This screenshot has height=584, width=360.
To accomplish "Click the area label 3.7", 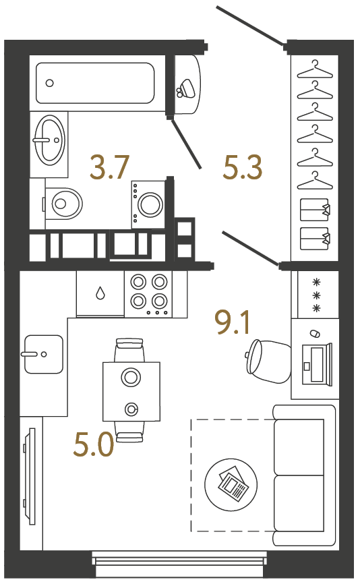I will (x=109, y=168).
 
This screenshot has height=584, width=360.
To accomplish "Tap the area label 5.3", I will (x=242, y=168).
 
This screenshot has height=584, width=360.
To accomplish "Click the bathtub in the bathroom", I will (x=95, y=83).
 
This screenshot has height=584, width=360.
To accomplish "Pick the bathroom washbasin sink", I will (x=49, y=140).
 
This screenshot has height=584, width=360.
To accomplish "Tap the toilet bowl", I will (x=64, y=201).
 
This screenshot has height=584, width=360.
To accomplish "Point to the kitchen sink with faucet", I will (x=44, y=354).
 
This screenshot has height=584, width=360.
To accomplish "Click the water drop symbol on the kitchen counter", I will (x=100, y=293).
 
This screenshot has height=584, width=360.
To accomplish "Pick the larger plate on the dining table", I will (x=131, y=376).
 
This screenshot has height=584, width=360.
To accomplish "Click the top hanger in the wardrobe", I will (x=316, y=68).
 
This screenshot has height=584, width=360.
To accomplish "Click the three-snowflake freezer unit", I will (x=314, y=295).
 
